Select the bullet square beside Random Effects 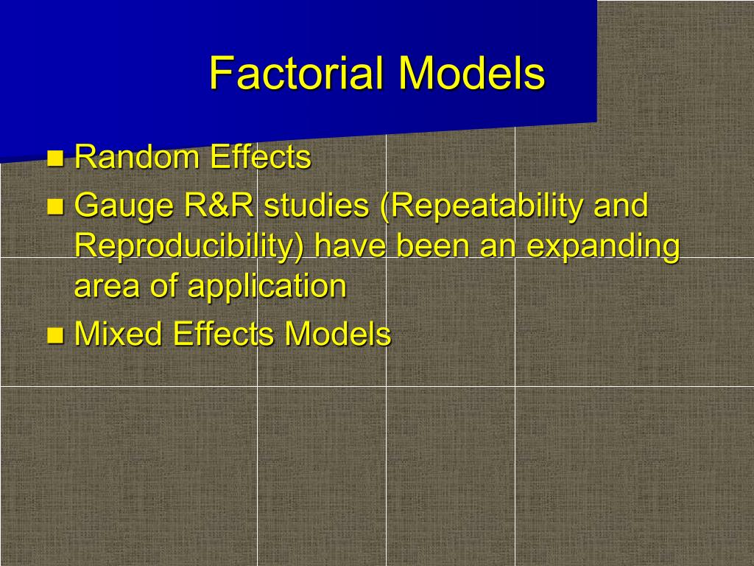point(55,158)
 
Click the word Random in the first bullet point(137,157)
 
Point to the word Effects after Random point(261,157)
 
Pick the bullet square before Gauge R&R point(55,206)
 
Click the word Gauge point(124,206)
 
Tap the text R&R point(219,205)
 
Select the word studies point(317,205)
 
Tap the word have point(350,245)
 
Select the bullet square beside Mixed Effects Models point(55,335)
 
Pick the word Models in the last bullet point(337,334)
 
